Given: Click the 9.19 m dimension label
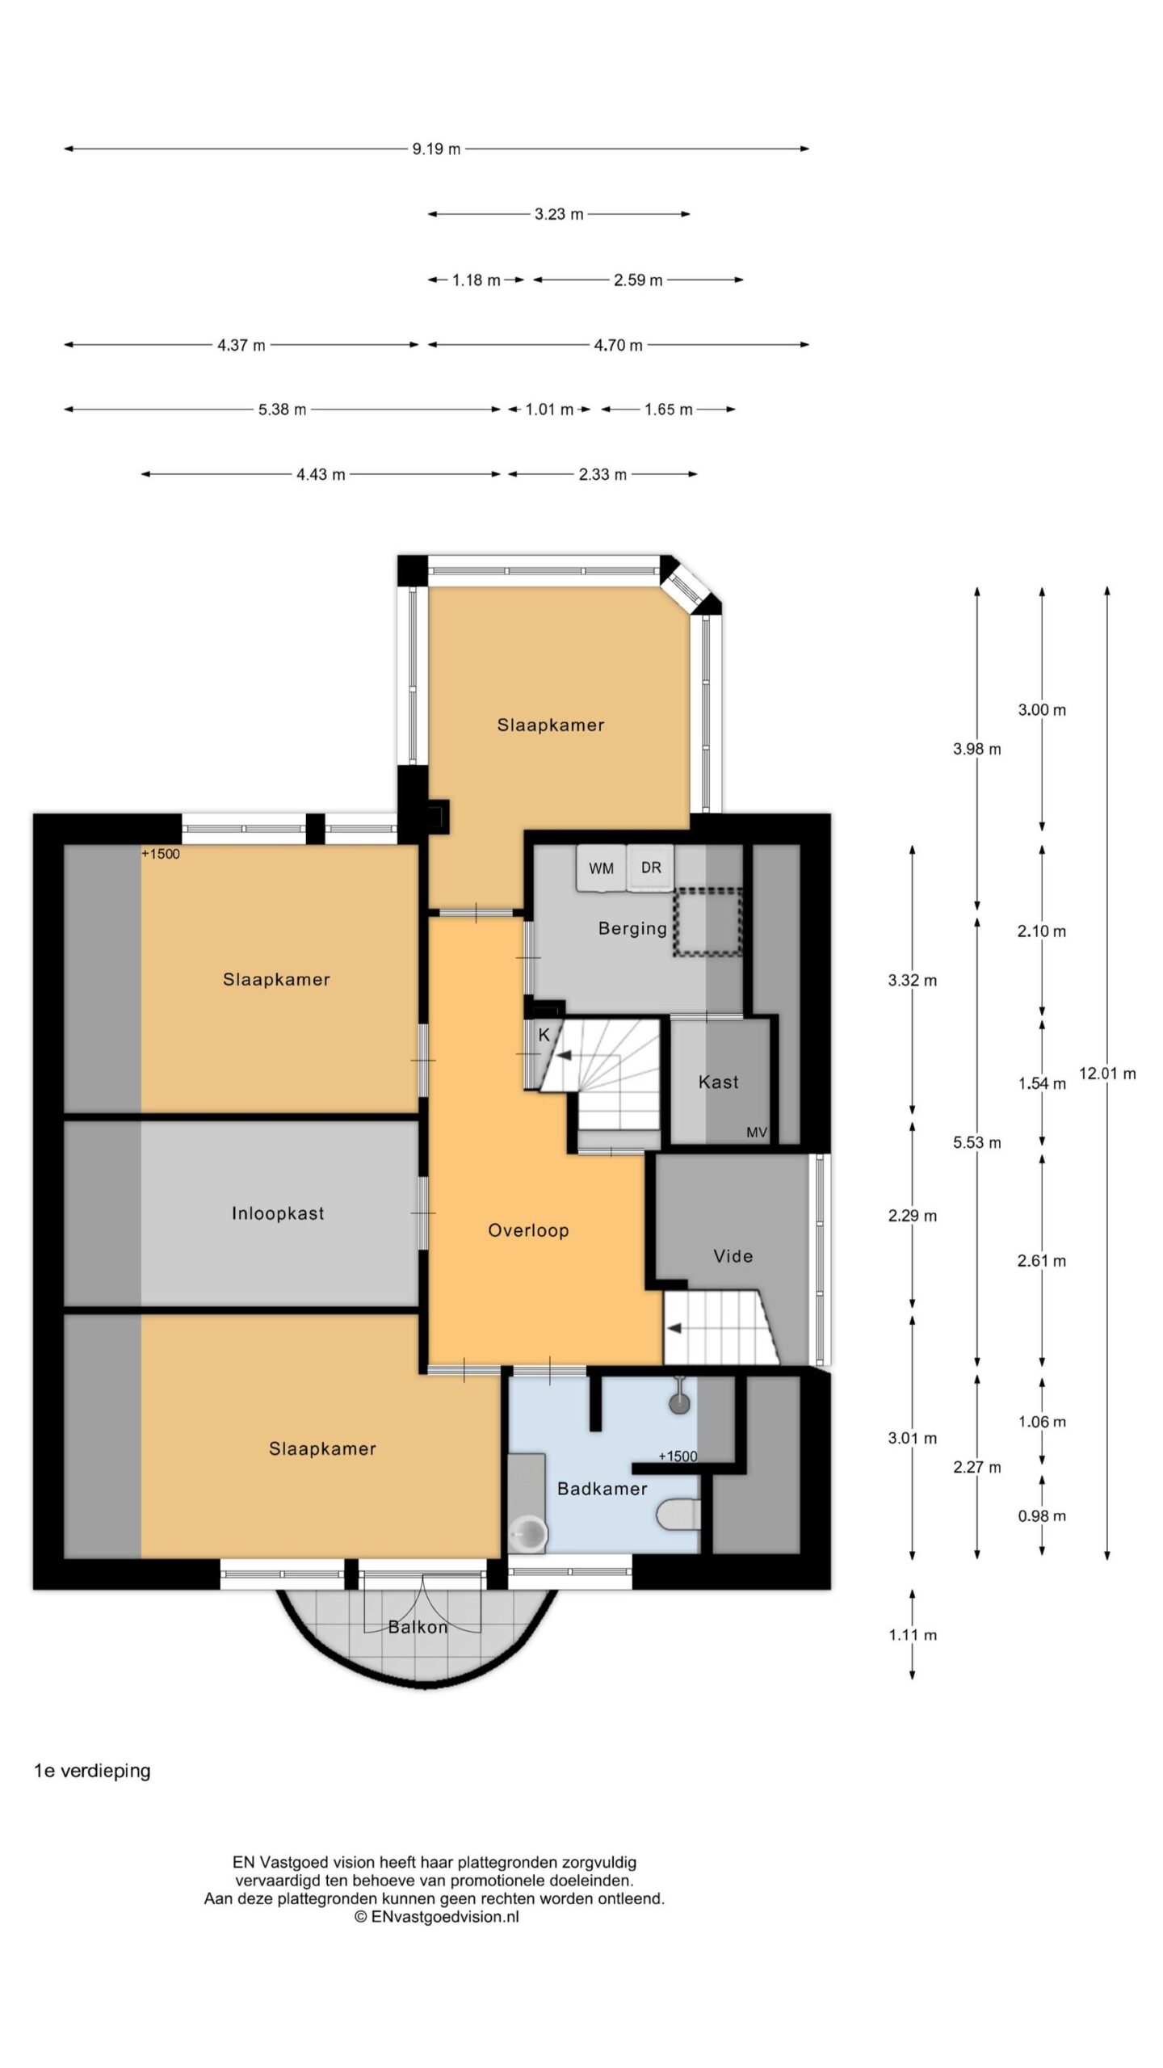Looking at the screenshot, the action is click(x=436, y=149).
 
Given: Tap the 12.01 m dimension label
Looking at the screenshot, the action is click(x=1107, y=1074).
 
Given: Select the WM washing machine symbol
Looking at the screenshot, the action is click(x=601, y=868).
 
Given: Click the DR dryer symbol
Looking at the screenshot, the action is click(x=651, y=868).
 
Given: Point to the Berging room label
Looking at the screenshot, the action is click(x=632, y=928).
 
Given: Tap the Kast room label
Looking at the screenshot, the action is click(x=718, y=1082).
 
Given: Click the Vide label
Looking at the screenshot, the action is click(x=733, y=1256).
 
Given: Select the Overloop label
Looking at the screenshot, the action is click(x=528, y=1230).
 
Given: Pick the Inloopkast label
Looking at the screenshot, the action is click(x=278, y=1213).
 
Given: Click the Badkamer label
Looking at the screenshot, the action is click(x=602, y=1489).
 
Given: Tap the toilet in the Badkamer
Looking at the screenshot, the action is click(x=678, y=1515).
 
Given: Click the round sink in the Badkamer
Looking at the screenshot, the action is click(x=529, y=1532).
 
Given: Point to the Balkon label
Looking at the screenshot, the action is click(x=418, y=1627).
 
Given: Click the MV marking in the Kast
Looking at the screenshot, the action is click(x=757, y=1133).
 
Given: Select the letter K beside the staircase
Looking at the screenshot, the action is click(x=544, y=1035).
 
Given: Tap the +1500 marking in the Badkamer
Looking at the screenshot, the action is click(x=678, y=1456).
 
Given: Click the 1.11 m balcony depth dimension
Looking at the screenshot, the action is click(x=913, y=1635).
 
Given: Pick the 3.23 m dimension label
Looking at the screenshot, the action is click(x=559, y=214).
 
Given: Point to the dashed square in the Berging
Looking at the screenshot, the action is click(x=708, y=923).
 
